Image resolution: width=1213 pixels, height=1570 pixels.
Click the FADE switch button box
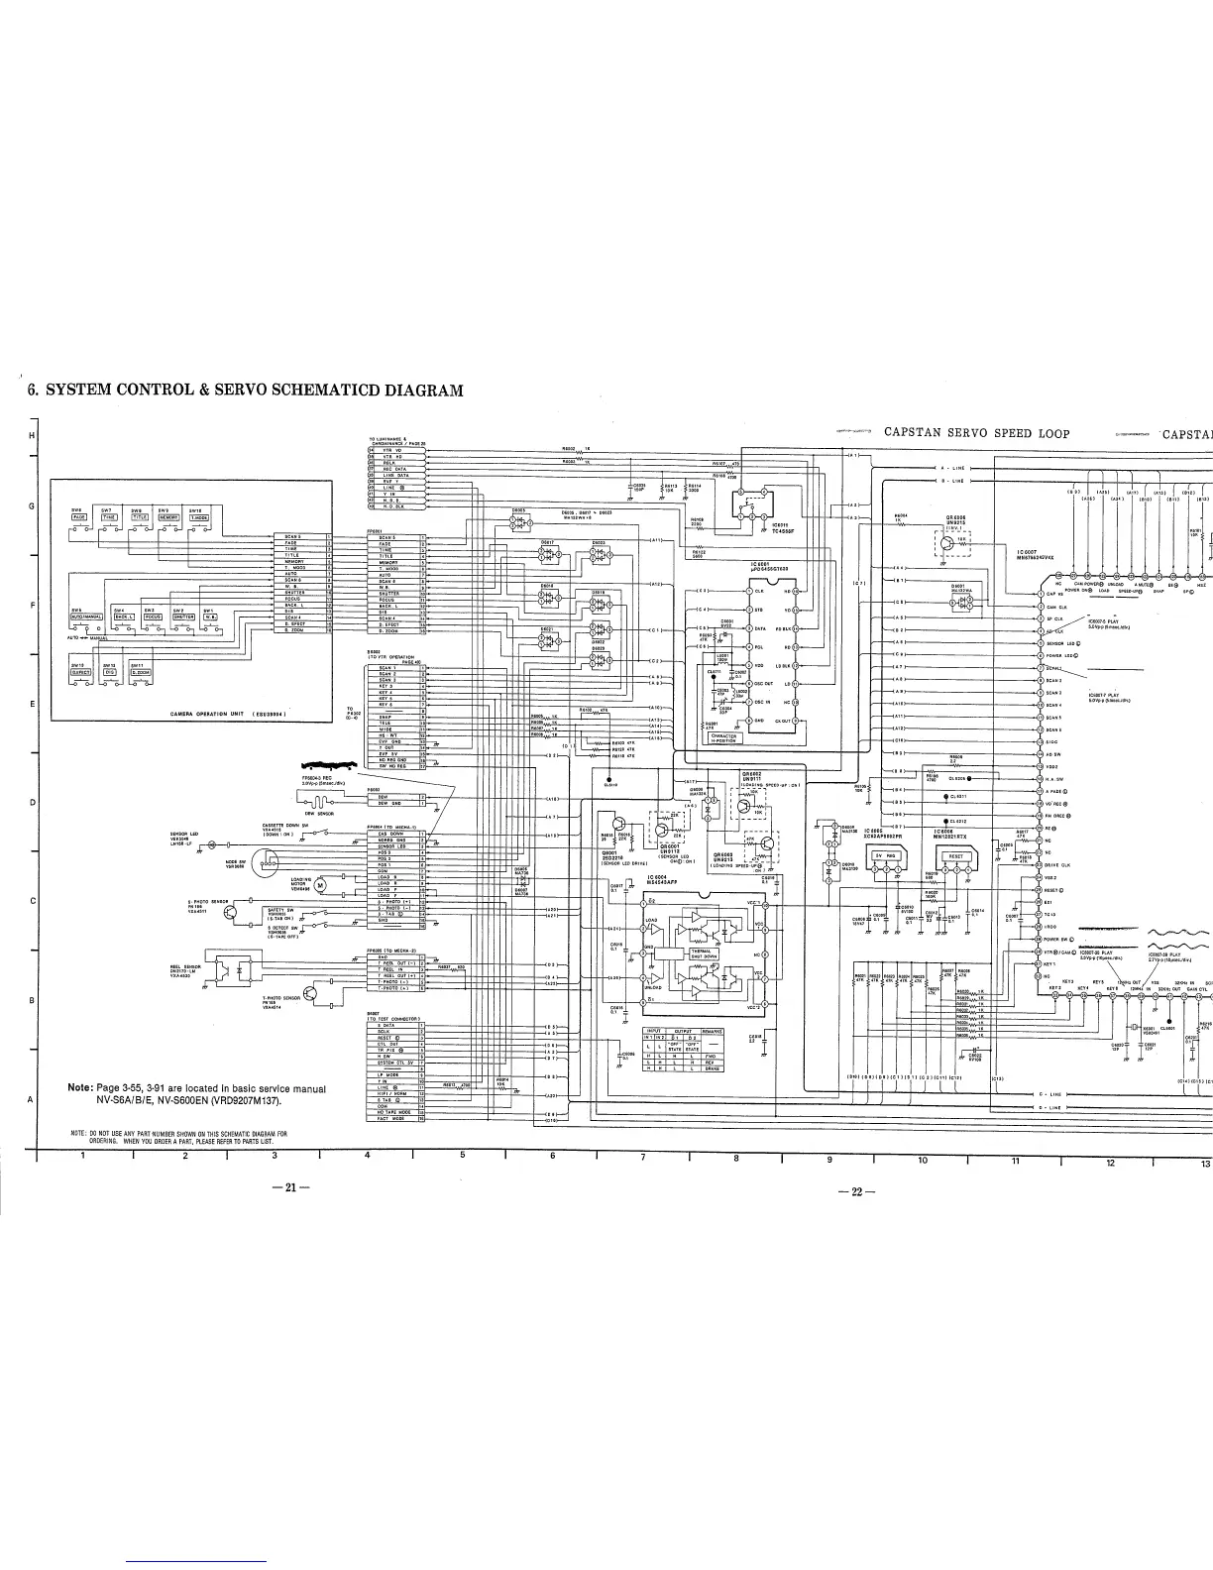click(x=80, y=517)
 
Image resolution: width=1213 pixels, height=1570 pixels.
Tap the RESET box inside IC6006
click(x=955, y=854)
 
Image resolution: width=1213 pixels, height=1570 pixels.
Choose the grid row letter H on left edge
click(x=32, y=437)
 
